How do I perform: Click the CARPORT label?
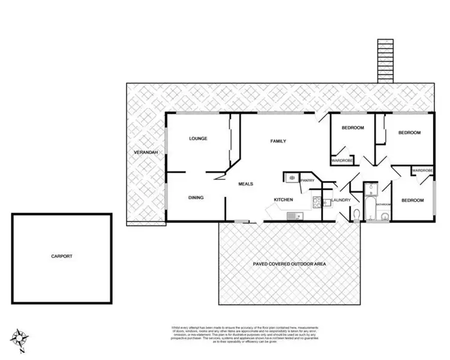point(61,256)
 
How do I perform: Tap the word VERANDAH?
point(145,153)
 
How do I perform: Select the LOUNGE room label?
point(198,139)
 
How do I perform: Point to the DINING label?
point(196,197)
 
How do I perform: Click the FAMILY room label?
point(278,141)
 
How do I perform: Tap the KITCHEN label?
point(283,199)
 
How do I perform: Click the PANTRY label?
point(308,180)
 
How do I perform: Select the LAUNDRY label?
point(341,200)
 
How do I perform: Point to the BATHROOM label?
point(383,205)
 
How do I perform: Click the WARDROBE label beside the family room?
point(342,160)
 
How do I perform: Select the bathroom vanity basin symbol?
point(371,189)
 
